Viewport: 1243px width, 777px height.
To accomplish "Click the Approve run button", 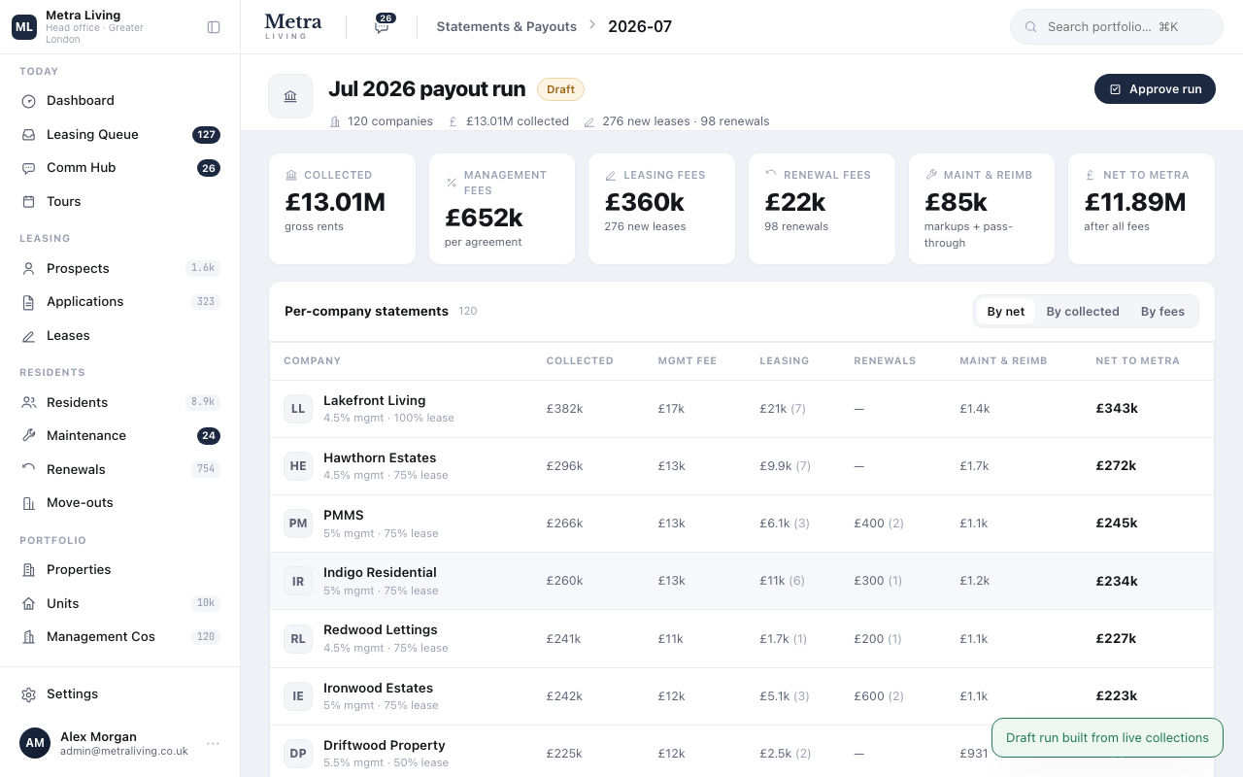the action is click(1155, 88).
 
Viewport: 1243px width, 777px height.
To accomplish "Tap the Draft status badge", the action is click(560, 89).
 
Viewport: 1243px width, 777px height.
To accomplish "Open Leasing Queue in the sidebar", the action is click(92, 134).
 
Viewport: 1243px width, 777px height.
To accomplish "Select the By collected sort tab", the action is click(1083, 312).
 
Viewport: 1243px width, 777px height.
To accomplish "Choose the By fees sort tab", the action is click(1162, 312).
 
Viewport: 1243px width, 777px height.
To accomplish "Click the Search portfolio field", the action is click(1116, 26).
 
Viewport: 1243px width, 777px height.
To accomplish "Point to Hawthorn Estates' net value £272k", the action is click(1116, 465).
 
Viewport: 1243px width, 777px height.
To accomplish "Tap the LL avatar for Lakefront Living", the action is click(298, 409).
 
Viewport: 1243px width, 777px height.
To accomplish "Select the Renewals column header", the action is click(885, 360).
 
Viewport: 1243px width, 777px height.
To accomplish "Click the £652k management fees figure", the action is click(484, 218).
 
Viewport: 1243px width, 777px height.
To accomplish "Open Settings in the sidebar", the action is click(72, 693).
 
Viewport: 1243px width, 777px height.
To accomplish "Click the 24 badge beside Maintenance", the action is click(209, 436).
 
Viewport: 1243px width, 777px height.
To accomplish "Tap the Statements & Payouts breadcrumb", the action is click(507, 26).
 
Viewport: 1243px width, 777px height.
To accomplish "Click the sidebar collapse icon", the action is click(214, 27).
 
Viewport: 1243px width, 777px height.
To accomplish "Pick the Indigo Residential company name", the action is click(380, 572).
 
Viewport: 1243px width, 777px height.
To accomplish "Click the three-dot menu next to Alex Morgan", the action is click(213, 743).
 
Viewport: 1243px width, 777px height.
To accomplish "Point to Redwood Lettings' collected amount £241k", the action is click(563, 638).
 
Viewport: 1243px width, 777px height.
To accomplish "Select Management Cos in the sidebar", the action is click(100, 636).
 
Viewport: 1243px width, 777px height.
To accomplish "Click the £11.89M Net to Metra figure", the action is click(1135, 202).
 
